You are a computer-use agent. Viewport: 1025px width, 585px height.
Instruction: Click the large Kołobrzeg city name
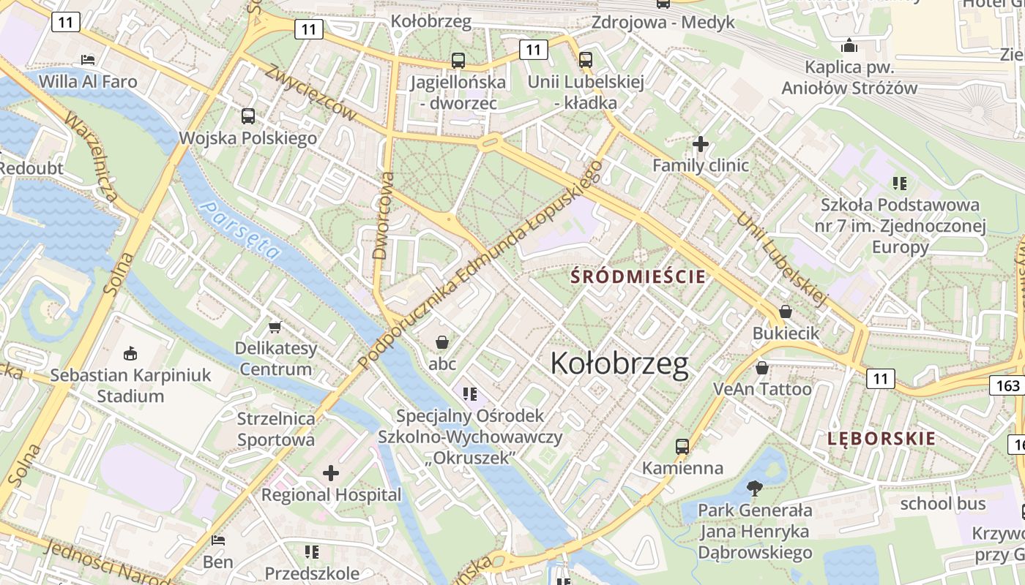619,363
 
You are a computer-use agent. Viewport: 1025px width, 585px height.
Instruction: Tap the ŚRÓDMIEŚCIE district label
638,276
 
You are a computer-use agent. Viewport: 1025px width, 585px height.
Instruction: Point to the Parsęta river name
242,230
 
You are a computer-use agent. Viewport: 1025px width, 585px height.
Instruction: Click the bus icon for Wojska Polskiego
248,116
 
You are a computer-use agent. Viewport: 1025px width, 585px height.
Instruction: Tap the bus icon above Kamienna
682,445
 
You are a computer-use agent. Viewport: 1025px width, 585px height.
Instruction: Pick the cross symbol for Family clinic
701,144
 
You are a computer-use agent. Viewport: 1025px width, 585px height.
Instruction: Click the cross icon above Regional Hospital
331,473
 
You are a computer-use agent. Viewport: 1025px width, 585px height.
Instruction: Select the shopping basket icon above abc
442,341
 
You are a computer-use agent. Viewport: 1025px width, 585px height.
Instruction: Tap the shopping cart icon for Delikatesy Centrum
275,326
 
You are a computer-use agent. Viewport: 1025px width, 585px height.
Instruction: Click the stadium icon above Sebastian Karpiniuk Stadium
130,354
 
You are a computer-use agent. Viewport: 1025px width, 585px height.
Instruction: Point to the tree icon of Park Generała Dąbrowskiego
754,488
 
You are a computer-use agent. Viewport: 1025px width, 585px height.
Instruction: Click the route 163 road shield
1008,385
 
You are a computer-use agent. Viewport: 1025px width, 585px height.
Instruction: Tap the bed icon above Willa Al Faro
88,59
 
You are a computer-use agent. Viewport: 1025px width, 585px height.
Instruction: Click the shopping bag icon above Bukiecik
786,312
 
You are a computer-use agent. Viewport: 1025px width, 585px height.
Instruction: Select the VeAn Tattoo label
762,388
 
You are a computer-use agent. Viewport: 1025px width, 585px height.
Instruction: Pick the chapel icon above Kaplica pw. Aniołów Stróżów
849,45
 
